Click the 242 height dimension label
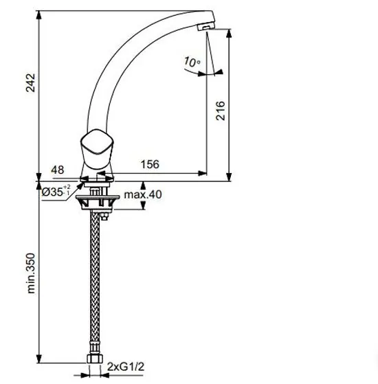coord(31,82)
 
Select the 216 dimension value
coord(220,110)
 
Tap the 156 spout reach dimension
coord(150,164)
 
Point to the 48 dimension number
coord(58,170)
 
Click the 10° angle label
coord(192,62)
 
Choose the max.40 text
coord(143,194)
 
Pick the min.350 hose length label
coord(31,273)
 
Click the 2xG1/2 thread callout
coord(126,367)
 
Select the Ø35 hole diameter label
coord(56,191)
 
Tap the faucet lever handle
coord(97,149)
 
